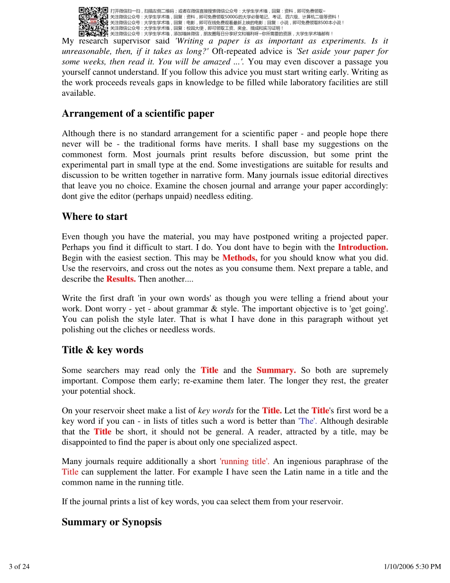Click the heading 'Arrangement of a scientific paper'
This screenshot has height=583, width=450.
click(x=138, y=114)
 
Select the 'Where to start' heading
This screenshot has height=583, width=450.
click(x=95, y=217)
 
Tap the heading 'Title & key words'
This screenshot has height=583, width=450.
click(x=102, y=350)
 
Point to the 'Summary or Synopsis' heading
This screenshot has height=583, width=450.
click(x=111, y=522)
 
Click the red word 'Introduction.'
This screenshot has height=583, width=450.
click(x=363, y=247)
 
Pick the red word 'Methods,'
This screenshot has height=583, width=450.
click(x=240, y=258)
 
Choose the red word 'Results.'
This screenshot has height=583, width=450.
click(x=121, y=279)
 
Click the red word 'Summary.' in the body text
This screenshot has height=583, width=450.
click(x=276, y=370)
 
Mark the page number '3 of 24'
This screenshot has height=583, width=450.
click(x=19, y=566)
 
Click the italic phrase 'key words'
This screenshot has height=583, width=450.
click(x=216, y=410)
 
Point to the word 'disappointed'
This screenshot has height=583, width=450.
click(x=83, y=442)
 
